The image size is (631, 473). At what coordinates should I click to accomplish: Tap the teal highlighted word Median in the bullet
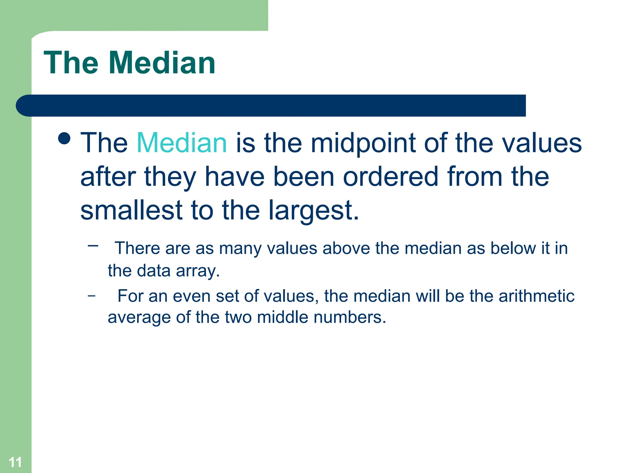coord(182,143)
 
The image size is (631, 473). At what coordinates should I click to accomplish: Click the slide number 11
coord(15,462)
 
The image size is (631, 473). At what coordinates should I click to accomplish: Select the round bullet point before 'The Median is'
coord(64,138)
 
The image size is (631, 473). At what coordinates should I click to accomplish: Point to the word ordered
coord(390,176)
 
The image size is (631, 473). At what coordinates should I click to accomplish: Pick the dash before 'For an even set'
coord(92,296)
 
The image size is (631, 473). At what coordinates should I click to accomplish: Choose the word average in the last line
coord(139,317)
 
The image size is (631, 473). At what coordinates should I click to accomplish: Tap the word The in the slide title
coord(71,63)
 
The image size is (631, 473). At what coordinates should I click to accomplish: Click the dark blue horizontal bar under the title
coord(271,106)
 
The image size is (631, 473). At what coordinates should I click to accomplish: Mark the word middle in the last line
coord(283,317)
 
